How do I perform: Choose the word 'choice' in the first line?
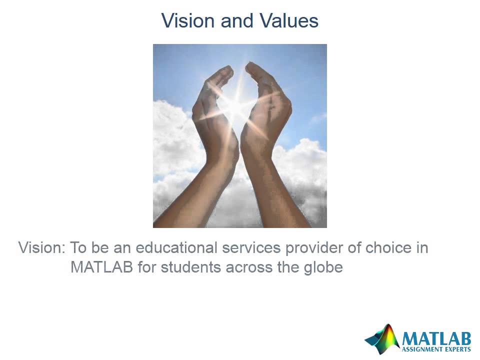click(392, 248)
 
